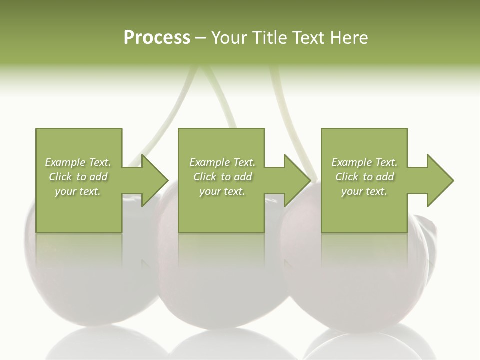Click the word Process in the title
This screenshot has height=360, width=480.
(x=157, y=38)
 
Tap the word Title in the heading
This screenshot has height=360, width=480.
(x=269, y=38)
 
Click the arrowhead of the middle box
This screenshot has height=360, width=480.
(x=296, y=180)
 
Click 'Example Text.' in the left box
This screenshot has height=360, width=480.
(x=78, y=162)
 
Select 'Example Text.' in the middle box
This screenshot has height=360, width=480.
(x=222, y=162)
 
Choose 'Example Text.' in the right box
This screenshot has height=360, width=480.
(x=364, y=162)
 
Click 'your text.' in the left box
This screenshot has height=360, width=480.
(x=78, y=191)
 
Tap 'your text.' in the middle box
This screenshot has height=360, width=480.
(x=222, y=191)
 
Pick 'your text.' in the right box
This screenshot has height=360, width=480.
(x=364, y=191)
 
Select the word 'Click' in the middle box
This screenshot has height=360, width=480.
(x=205, y=177)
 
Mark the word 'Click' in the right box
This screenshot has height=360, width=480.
(x=347, y=177)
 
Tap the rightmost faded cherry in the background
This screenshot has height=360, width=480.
(x=360, y=280)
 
